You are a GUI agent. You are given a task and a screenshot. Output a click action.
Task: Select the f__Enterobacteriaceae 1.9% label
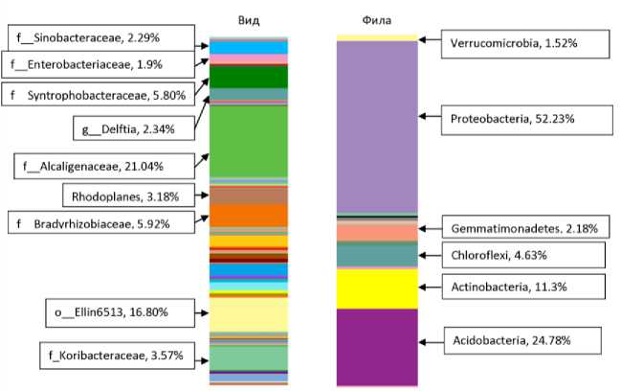click(87, 64)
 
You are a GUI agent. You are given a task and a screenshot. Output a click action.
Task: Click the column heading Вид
click(249, 19)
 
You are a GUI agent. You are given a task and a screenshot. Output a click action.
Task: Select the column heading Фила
click(376, 19)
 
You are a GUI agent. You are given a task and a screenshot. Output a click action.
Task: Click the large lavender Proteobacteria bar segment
click(376, 125)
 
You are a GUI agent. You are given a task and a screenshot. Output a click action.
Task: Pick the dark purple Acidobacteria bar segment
click(376, 347)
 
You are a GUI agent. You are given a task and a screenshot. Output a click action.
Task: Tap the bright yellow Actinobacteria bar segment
click(376, 287)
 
